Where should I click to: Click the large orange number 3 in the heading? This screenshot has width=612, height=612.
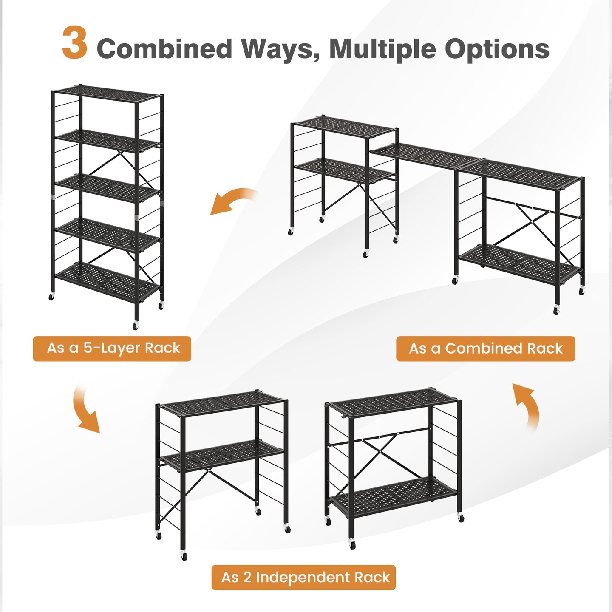[75, 43]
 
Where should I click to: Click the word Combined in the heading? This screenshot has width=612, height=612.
[164, 49]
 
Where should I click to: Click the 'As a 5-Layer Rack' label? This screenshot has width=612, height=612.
[112, 348]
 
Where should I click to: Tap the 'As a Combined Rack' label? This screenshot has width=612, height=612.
[485, 349]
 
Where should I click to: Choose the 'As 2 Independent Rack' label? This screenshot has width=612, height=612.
[303, 578]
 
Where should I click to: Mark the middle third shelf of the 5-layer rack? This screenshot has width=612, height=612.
[107, 187]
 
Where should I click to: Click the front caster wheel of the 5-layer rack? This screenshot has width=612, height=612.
[136, 326]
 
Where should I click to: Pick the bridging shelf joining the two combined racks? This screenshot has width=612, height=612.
[425, 155]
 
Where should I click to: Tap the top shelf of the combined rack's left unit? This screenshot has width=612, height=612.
[344, 127]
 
